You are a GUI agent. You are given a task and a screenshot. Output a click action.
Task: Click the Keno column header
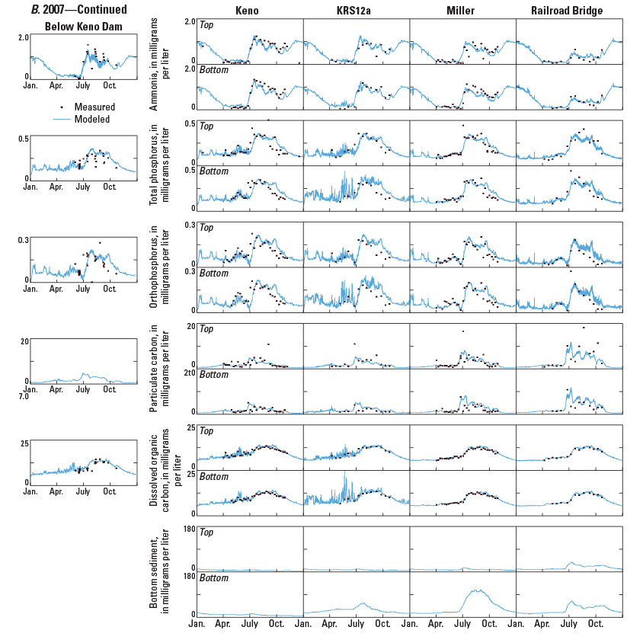point(249,11)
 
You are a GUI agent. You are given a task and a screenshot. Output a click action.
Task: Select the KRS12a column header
point(355,11)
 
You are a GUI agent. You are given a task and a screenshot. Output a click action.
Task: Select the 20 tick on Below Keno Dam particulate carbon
point(24,341)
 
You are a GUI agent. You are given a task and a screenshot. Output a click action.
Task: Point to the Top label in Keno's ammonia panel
point(206,24)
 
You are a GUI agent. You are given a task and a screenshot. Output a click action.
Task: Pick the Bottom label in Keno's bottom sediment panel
point(213,578)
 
